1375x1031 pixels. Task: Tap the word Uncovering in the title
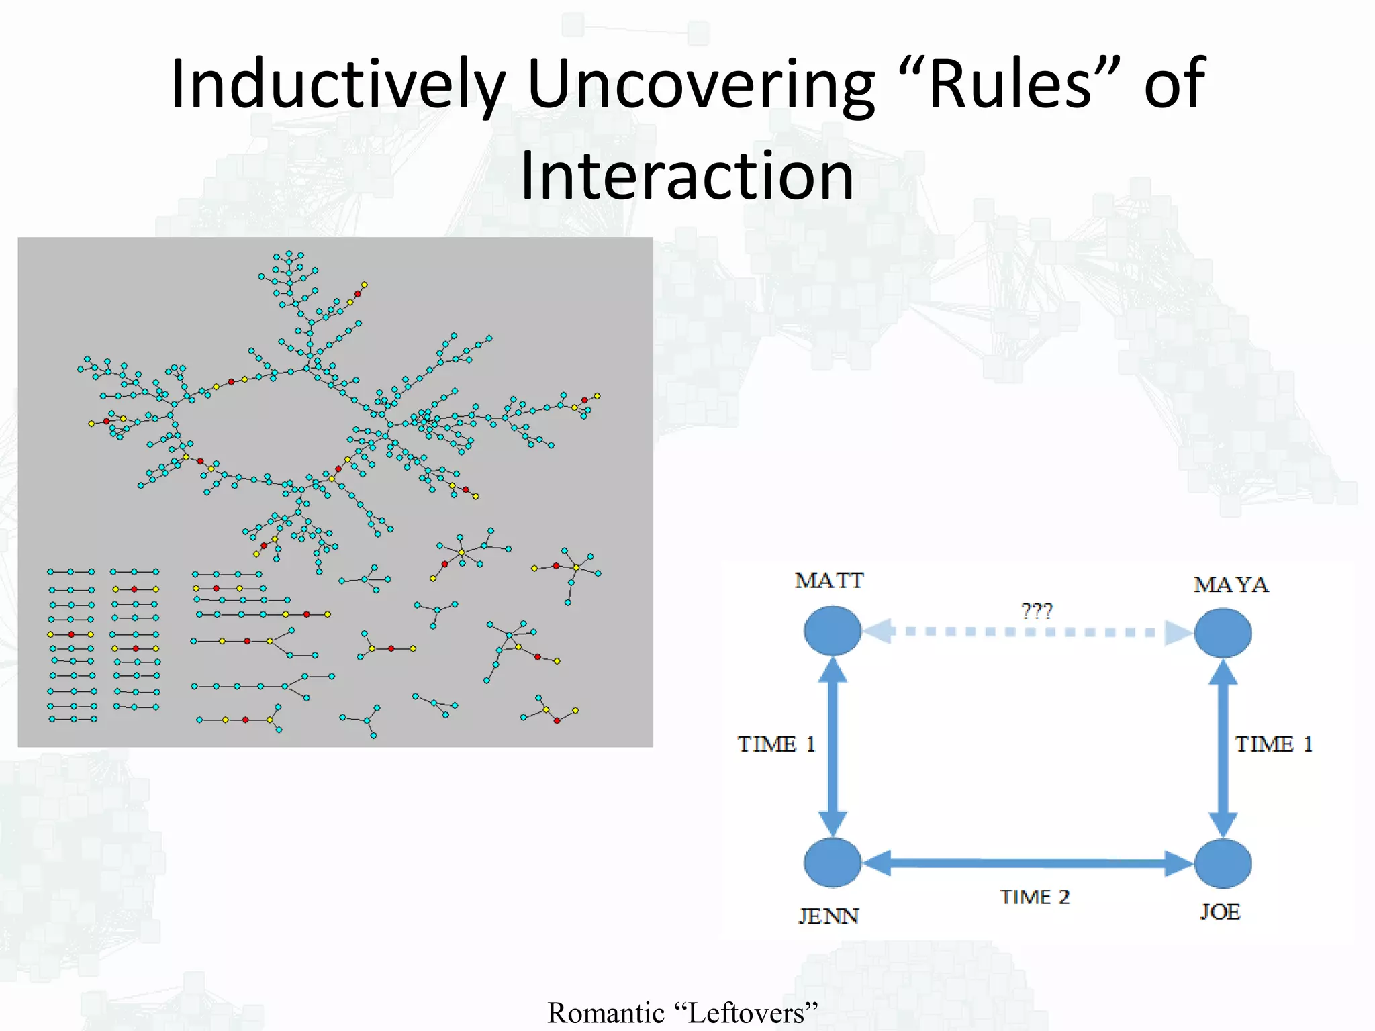[x=700, y=85]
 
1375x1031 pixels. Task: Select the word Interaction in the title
[x=687, y=176]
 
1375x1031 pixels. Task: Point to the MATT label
[x=829, y=581]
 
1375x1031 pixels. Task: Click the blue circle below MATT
[x=833, y=631]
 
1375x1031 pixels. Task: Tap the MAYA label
[x=1231, y=585]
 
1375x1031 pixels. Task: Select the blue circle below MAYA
[x=1223, y=632]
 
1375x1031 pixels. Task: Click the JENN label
[x=828, y=916]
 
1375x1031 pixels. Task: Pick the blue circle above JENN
[x=833, y=863]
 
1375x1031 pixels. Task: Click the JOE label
[x=1220, y=912]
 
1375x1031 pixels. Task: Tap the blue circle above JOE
[x=1223, y=863]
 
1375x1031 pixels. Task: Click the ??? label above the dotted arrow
[x=1037, y=611]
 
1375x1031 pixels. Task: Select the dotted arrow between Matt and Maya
[x=1027, y=632]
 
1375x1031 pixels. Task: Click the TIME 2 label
[x=1035, y=897]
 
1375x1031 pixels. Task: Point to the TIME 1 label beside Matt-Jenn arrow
[x=776, y=744]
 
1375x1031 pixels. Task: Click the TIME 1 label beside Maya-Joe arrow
[x=1274, y=744]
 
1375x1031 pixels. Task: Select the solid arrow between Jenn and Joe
[x=1027, y=863]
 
